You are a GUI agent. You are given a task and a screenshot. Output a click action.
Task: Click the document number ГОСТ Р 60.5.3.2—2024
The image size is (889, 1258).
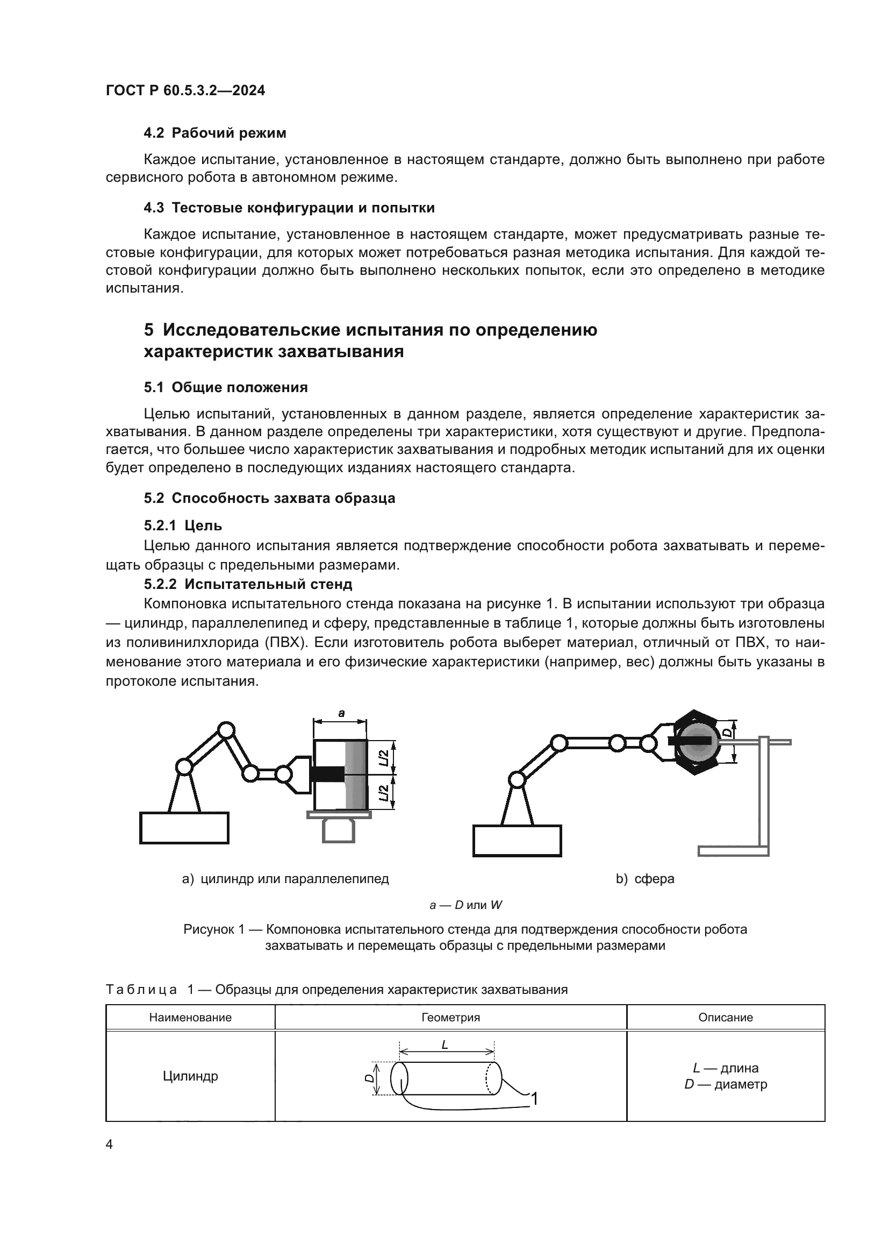point(185,90)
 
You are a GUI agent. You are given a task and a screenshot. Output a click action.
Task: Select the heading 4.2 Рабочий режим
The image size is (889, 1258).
point(214,133)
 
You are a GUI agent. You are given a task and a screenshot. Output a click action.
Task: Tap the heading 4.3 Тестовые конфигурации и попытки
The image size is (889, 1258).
point(289,208)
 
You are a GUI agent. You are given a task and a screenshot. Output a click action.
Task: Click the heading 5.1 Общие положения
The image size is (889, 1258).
point(226,387)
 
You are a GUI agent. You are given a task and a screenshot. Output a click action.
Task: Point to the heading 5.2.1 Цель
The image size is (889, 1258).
point(183,525)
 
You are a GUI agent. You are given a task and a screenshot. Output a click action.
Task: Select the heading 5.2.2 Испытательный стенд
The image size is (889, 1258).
point(248,584)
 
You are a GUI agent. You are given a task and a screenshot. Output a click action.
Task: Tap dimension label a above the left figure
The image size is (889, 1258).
point(341,713)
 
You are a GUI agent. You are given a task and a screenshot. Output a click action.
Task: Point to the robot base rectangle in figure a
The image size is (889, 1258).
point(184,828)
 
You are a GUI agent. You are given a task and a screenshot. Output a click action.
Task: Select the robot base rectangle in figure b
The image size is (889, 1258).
point(517,841)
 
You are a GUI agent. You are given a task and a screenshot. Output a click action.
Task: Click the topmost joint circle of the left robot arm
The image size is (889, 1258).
point(226,730)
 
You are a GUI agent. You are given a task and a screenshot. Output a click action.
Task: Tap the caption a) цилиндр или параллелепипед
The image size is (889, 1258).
point(285,879)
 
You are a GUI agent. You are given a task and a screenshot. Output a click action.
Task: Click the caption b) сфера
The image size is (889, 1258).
point(645,879)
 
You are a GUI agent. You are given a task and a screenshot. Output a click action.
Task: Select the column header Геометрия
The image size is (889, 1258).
point(450,1018)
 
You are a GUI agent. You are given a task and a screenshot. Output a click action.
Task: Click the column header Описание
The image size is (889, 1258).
point(725,1018)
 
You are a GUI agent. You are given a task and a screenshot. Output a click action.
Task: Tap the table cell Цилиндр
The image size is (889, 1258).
point(190,1076)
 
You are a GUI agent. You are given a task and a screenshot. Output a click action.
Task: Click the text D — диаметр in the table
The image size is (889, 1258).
point(725,1084)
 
